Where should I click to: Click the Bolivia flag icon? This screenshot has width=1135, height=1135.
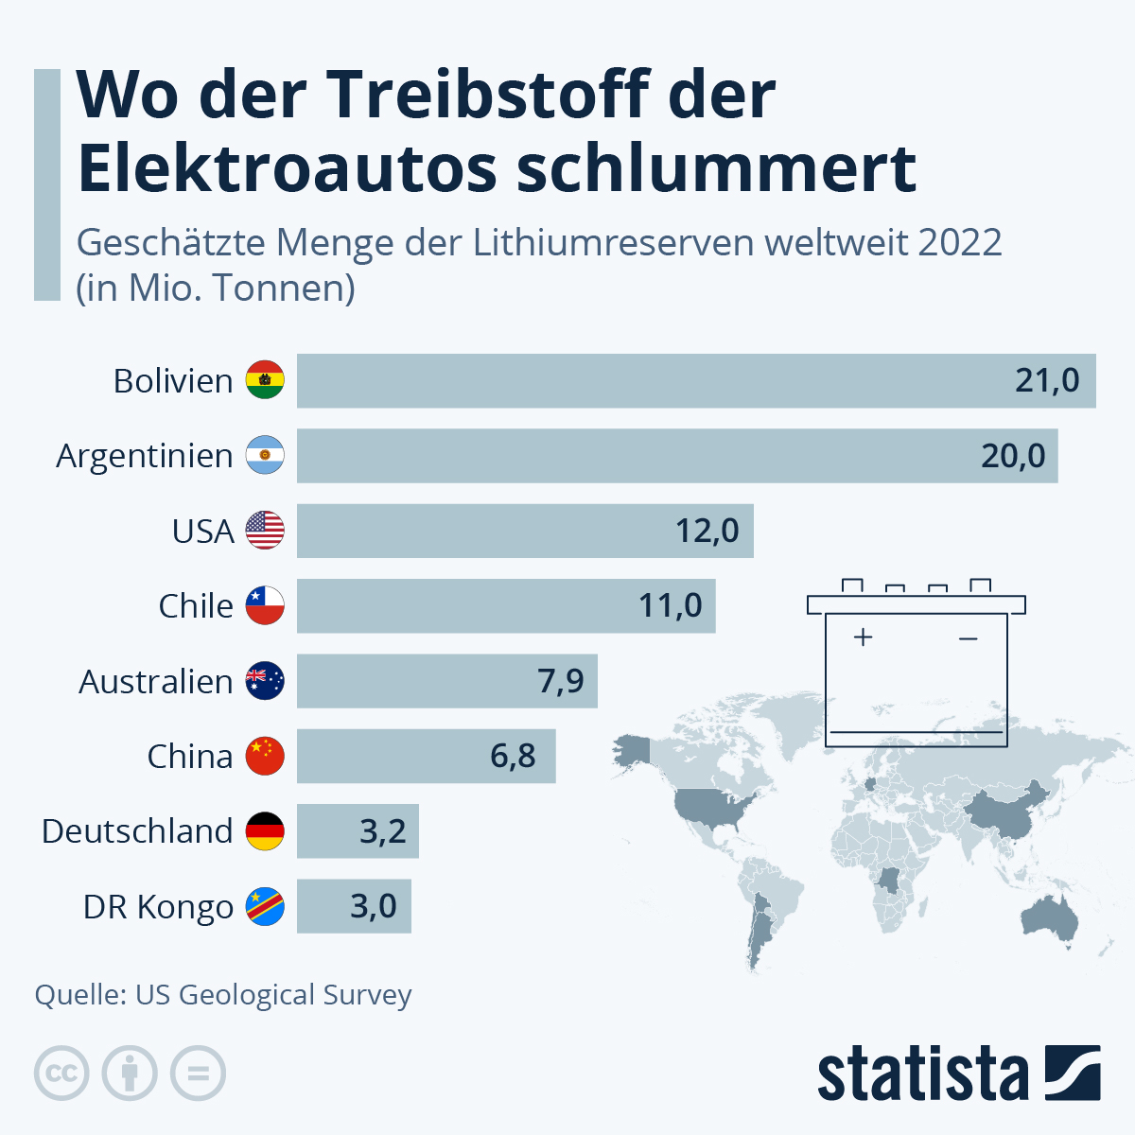pyautogui.click(x=265, y=380)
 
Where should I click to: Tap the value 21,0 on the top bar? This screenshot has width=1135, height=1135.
pyautogui.click(x=1047, y=380)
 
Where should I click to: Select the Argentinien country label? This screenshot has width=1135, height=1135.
pyautogui.click(x=145, y=456)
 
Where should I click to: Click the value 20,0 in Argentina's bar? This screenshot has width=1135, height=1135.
pyautogui.click(x=1013, y=456)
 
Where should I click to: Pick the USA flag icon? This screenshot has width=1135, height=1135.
pyautogui.click(x=265, y=531)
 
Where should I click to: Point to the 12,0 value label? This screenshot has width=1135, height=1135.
pyautogui.click(x=707, y=531)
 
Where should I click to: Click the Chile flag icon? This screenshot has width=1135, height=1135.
pyautogui.click(x=265, y=605)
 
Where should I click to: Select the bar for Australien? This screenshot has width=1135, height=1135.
pyautogui.click(x=446, y=681)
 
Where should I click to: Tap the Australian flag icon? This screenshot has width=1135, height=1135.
pyautogui.click(x=265, y=681)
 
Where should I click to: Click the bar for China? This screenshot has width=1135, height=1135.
pyautogui.click(x=426, y=756)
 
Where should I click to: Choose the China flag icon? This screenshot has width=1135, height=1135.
pyautogui.click(x=265, y=756)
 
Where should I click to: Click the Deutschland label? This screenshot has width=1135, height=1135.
pyautogui.click(x=137, y=831)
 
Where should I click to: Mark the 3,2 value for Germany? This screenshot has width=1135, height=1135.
pyautogui.click(x=382, y=831)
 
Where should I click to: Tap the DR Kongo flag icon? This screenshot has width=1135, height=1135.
pyautogui.click(x=265, y=906)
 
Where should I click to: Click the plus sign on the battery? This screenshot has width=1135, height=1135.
pyautogui.click(x=862, y=637)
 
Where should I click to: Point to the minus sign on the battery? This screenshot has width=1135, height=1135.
pyautogui.click(x=968, y=639)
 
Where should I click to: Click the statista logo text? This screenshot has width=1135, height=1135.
pyautogui.click(x=922, y=1074)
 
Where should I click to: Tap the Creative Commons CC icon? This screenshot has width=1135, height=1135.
pyautogui.click(x=61, y=1074)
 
